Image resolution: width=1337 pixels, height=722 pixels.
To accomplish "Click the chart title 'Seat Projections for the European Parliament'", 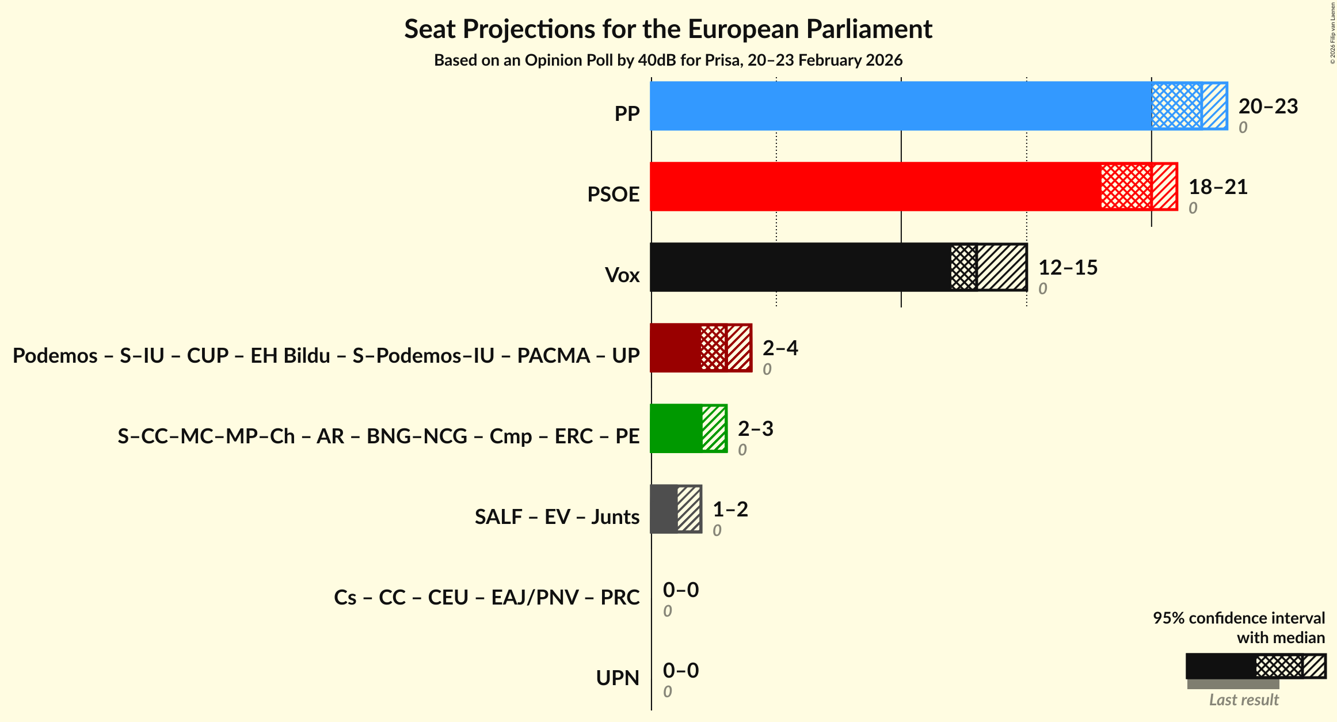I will [x=668, y=29].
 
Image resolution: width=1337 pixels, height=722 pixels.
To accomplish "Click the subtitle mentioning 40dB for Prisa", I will [x=668, y=60].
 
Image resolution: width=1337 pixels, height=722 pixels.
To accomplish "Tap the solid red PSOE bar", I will [x=875, y=187].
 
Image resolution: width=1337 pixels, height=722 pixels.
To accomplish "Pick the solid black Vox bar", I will [x=800, y=267].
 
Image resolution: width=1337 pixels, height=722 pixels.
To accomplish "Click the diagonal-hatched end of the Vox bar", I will [x=1002, y=267].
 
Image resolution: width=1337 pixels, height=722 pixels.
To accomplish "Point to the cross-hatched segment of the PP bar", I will [x=1176, y=106].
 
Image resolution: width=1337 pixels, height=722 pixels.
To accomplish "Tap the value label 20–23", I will [x=1268, y=107].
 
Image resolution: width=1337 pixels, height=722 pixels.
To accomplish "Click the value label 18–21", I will [x=1218, y=187].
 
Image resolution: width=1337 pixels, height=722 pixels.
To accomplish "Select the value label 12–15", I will [x=1068, y=268].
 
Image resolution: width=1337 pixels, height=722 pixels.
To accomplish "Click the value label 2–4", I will [x=780, y=348].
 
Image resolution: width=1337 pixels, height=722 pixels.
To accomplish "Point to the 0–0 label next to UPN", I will [x=680, y=671].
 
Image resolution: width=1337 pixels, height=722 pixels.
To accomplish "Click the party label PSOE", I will [x=613, y=195].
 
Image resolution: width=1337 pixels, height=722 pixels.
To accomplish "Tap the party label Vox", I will [x=622, y=275].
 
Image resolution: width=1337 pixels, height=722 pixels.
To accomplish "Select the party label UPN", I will [x=618, y=678].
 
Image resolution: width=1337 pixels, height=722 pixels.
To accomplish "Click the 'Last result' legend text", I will [x=1243, y=700].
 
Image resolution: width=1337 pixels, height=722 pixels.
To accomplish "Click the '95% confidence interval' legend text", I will [x=1239, y=618].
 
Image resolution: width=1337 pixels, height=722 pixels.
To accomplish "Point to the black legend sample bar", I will [x=1220, y=666].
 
